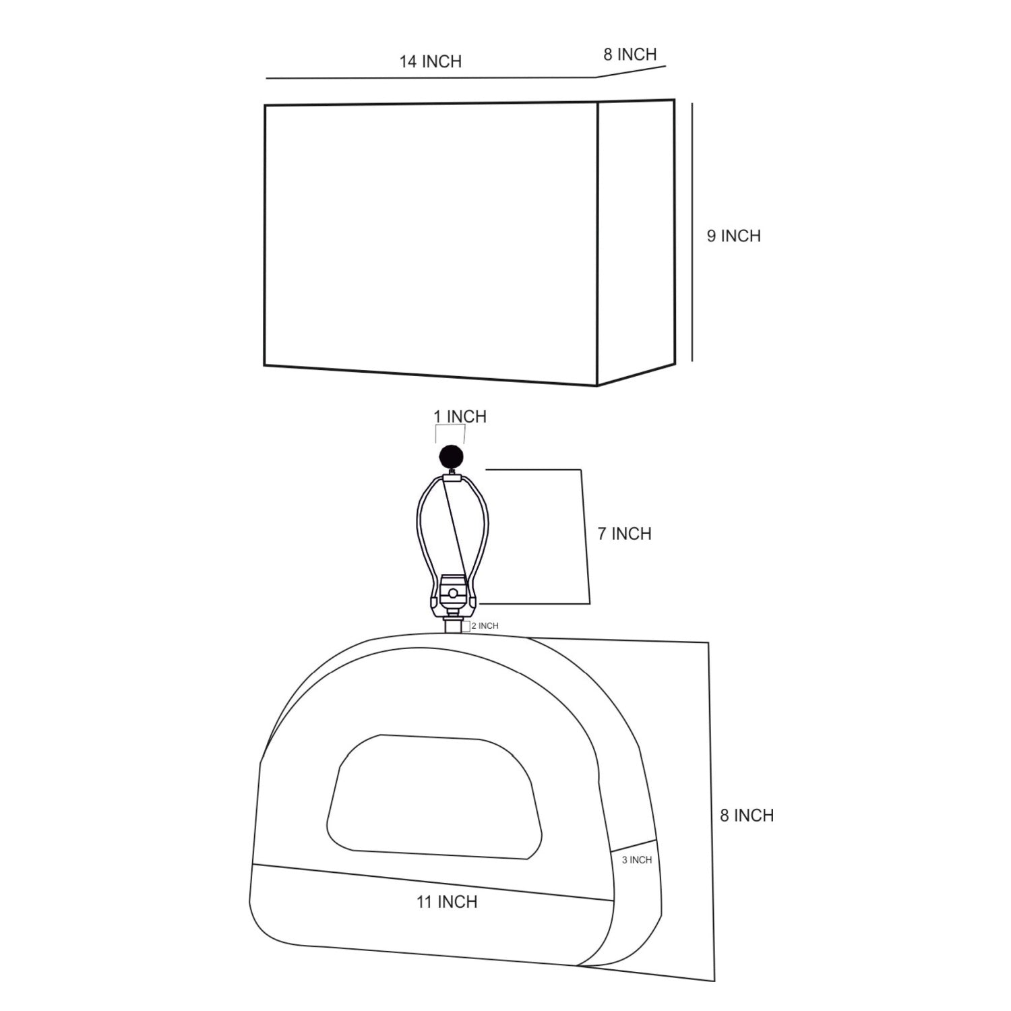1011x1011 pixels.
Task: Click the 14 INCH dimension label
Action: tap(430, 61)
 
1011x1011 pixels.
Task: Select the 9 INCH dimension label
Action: tap(733, 236)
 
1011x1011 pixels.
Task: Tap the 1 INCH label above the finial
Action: tap(460, 417)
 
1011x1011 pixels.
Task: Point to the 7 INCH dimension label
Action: tap(624, 534)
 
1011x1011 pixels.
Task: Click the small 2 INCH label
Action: tap(485, 626)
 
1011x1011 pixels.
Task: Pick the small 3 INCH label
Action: tap(637, 860)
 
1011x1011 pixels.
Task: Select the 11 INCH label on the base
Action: tap(446, 902)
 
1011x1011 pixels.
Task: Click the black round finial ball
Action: tap(451, 458)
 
